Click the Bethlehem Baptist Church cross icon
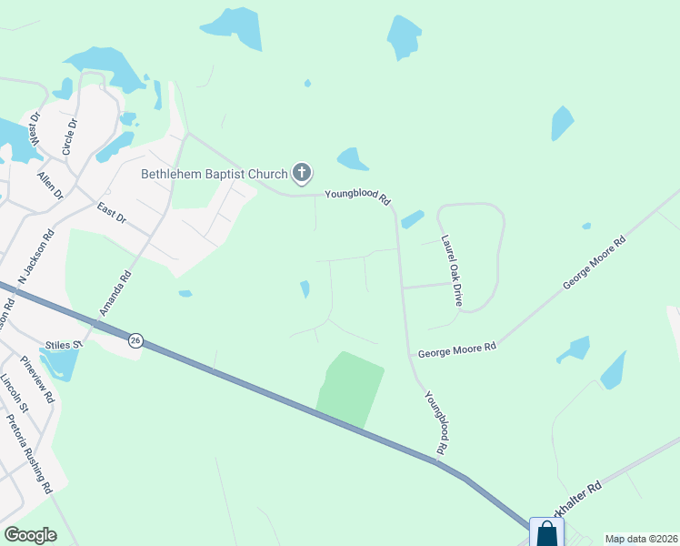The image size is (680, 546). (x=302, y=172)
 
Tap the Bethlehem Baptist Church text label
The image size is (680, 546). (x=213, y=173)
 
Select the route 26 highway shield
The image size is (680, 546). (x=135, y=339)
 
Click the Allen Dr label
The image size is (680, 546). (x=50, y=183)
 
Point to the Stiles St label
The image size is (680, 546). (x=64, y=344)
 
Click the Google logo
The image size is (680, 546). (x=30, y=535)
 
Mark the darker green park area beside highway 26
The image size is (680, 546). (x=349, y=387)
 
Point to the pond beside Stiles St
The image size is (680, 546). (x=56, y=364)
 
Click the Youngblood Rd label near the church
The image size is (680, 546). (x=358, y=197)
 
